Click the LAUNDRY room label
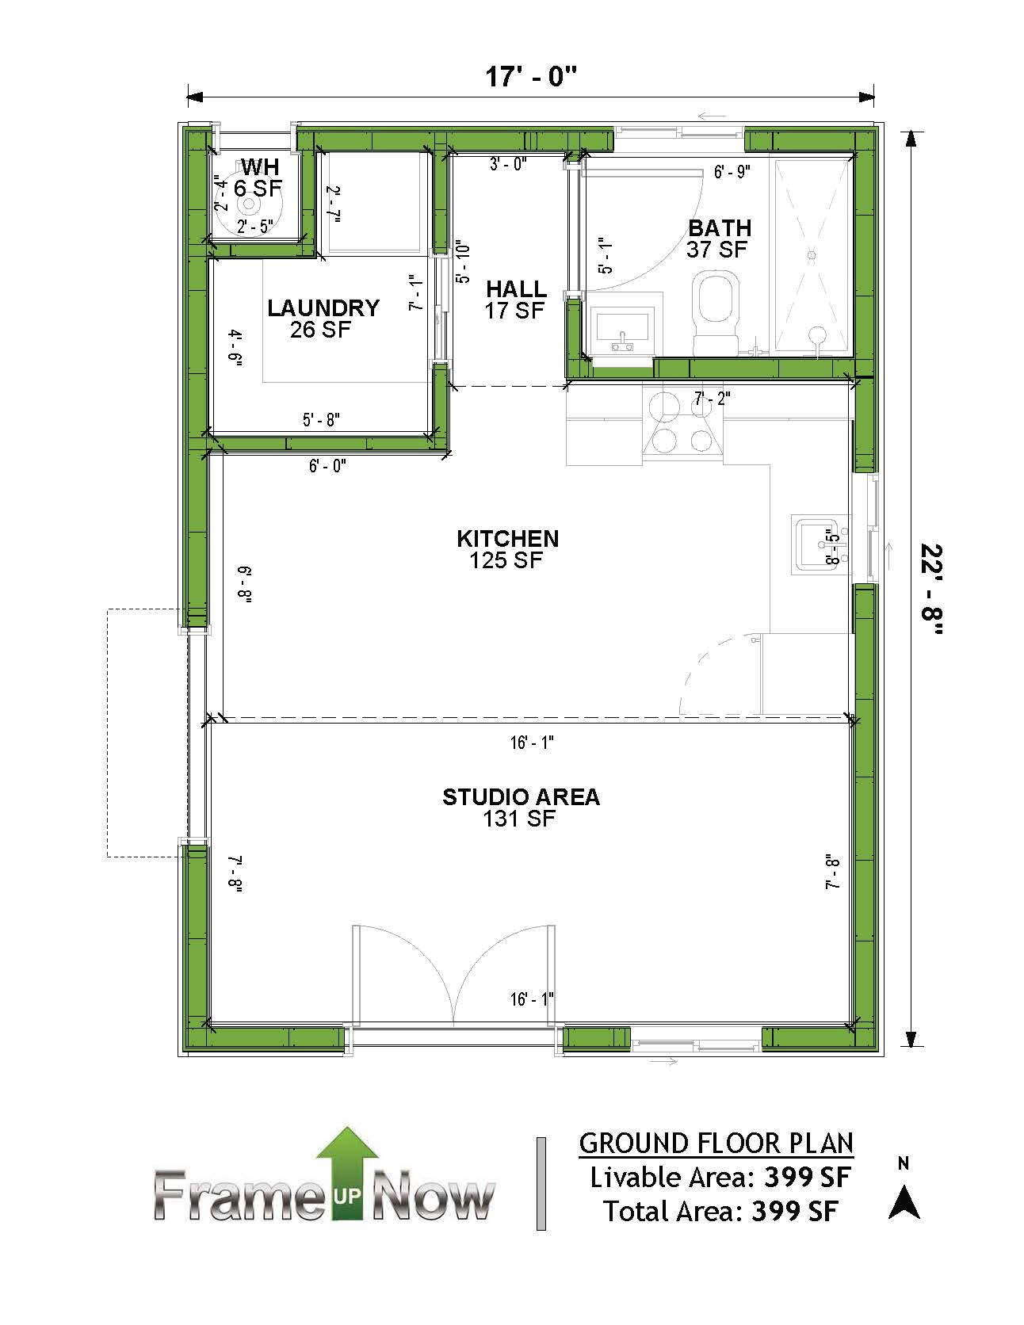click(323, 307)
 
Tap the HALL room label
click(516, 288)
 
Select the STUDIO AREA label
click(521, 796)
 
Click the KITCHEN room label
click(507, 539)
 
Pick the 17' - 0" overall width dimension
click(531, 78)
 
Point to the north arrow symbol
click(904, 1202)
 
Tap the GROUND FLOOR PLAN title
click(716, 1144)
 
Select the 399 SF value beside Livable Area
click(806, 1178)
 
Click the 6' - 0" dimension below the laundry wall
click(327, 467)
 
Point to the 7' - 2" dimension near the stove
click(712, 398)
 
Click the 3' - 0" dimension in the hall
click(508, 165)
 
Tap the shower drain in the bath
click(811, 255)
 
